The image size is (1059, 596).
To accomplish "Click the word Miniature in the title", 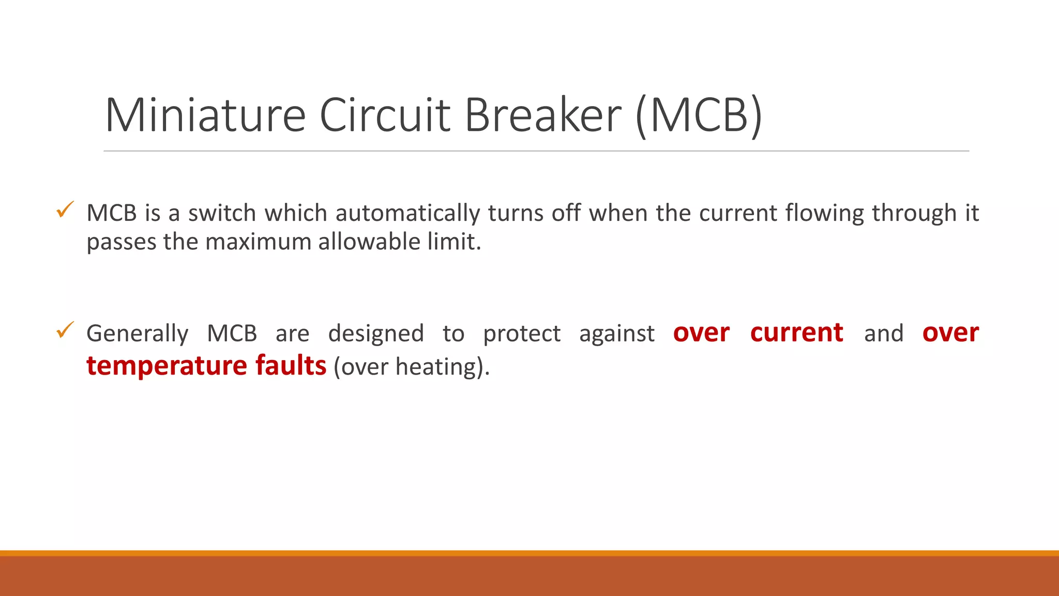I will click(205, 115).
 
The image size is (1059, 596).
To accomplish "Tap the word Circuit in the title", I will click(385, 115).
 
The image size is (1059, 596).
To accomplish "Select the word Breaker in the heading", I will click(543, 115).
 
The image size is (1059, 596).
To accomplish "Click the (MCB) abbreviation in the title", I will click(699, 115).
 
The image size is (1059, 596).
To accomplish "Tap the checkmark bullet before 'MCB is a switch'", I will click(65, 210).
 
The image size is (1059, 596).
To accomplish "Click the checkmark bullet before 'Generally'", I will click(65, 330).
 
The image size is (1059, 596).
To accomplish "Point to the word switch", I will click(222, 213).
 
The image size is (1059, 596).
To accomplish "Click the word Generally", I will click(137, 334).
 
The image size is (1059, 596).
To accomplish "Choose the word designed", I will click(376, 334).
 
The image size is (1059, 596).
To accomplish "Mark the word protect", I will click(522, 334).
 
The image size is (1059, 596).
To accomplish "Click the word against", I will click(616, 334).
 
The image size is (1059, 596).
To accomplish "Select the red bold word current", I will click(796, 333).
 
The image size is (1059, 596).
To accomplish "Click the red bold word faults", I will click(291, 366).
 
